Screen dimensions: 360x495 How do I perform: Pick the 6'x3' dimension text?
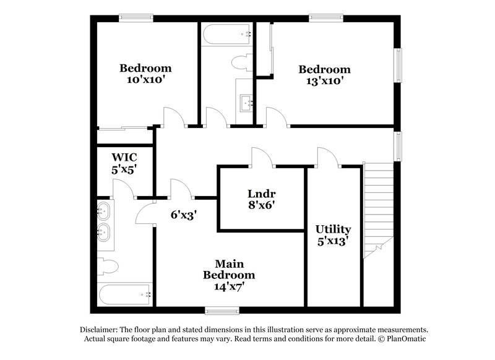[x=184, y=215]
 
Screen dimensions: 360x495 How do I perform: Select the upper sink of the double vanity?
[x=104, y=210]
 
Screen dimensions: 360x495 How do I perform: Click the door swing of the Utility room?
[x=326, y=157]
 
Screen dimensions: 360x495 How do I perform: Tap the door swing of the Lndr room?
[x=260, y=157]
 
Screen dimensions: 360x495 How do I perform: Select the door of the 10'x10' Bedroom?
[x=173, y=117]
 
